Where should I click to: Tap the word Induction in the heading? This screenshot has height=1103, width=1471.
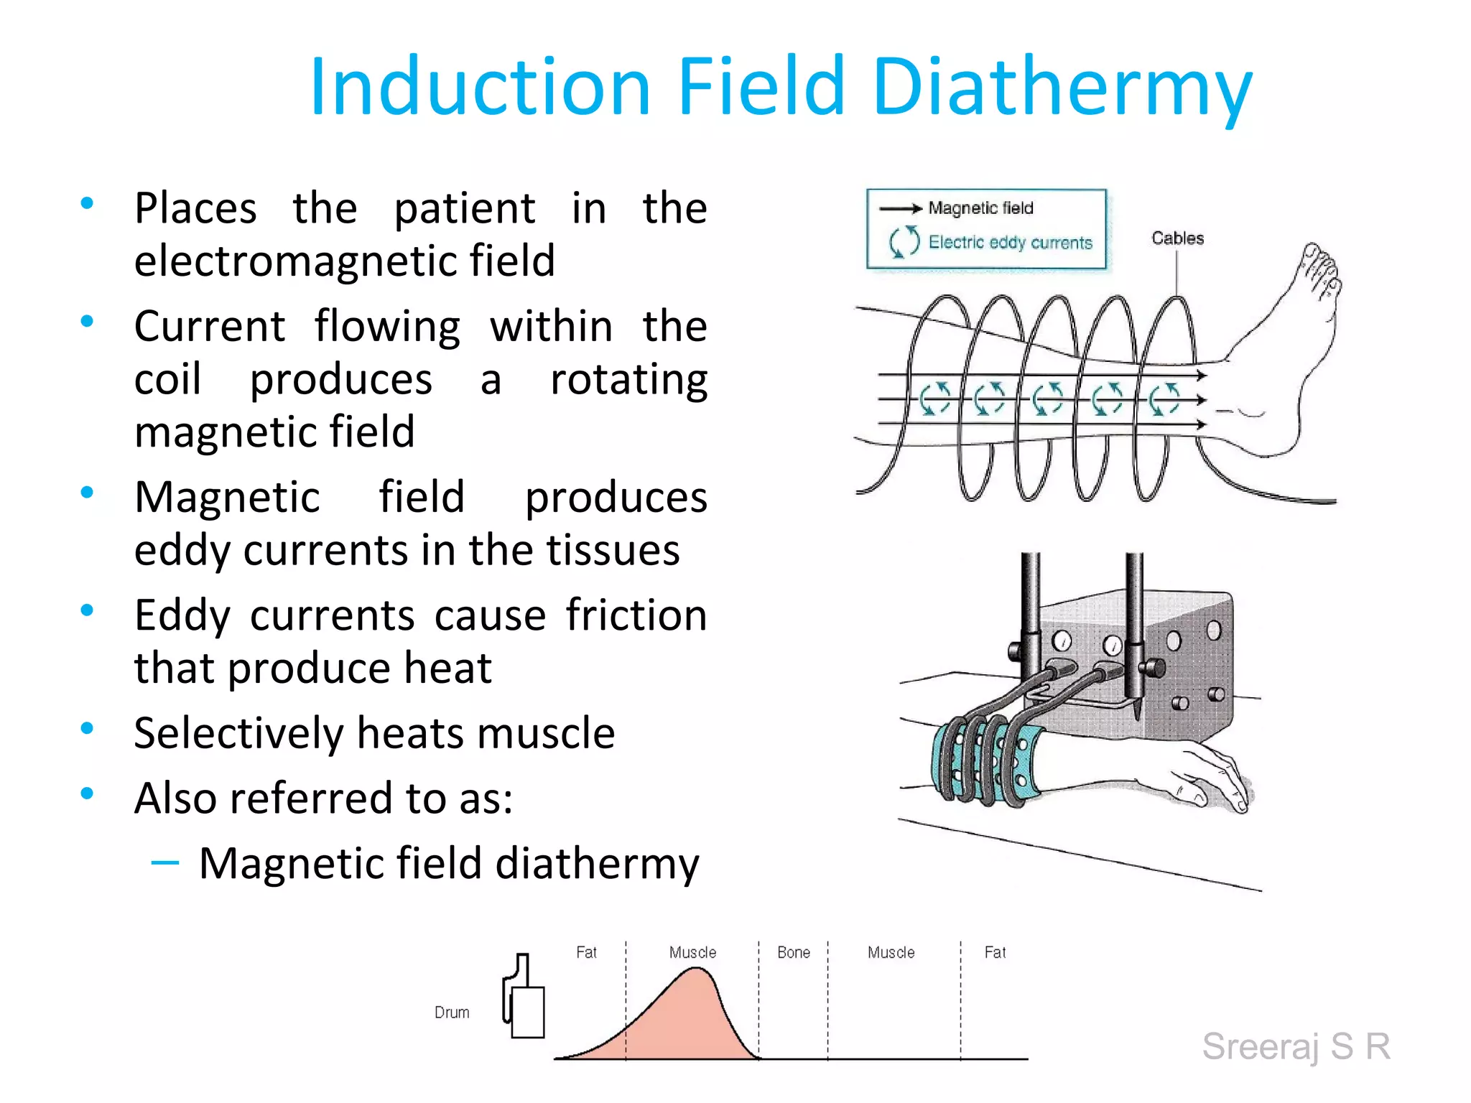(x=480, y=88)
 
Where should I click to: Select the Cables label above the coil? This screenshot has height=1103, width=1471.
(x=1177, y=238)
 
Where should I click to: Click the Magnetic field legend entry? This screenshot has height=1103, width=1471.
(x=980, y=208)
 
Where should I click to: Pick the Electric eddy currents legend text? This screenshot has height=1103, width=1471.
(x=1010, y=243)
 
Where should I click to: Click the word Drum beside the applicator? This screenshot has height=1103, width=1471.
(x=452, y=1013)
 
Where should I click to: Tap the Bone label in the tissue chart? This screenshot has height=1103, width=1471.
(x=793, y=953)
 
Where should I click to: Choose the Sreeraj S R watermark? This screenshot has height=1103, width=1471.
(x=1296, y=1046)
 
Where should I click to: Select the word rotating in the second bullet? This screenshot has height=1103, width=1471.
(x=628, y=379)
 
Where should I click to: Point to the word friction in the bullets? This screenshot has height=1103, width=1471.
(x=636, y=615)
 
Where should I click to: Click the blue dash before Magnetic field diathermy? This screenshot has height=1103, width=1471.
(x=165, y=862)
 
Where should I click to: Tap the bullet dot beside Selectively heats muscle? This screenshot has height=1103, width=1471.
(x=88, y=729)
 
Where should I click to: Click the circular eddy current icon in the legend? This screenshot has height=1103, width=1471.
(x=904, y=241)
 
